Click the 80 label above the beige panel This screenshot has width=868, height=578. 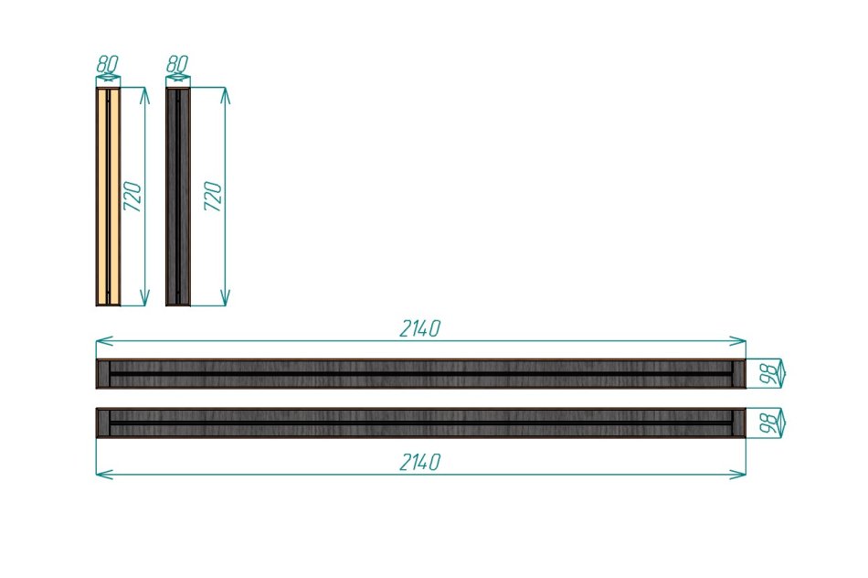click(107, 63)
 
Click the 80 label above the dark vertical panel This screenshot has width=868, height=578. click(177, 63)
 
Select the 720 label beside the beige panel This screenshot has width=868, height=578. click(132, 196)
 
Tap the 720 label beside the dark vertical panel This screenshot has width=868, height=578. click(213, 196)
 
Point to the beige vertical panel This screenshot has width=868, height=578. click(108, 197)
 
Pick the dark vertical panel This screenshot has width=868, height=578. click(178, 197)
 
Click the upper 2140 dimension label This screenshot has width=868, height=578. click(420, 328)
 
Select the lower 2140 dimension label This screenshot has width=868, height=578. click(420, 462)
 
